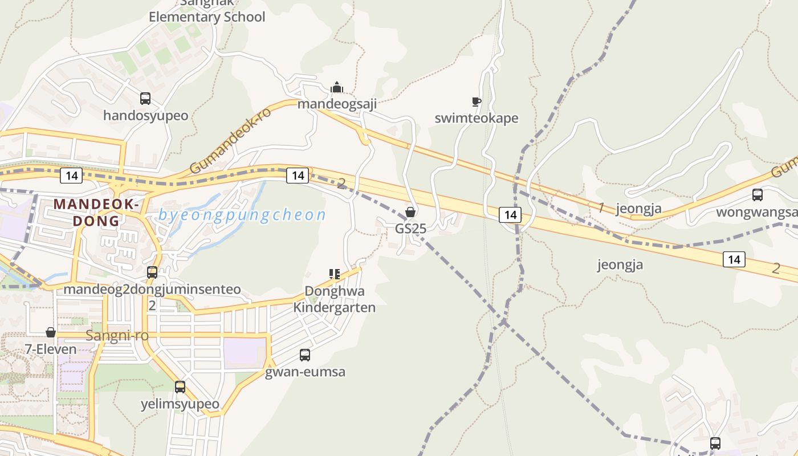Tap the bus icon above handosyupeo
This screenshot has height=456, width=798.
coord(145,99)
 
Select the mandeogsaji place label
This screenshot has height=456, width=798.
coord(337,104)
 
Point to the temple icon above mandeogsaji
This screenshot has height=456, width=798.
coord(337,87)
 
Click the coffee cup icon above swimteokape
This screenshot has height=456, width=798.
coord(477,102)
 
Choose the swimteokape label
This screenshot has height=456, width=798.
coord(477,118)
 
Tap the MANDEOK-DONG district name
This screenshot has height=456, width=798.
coord(96,212)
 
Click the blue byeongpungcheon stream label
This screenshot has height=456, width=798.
coord(242,215)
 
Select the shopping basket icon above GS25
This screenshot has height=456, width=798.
coord(410,213)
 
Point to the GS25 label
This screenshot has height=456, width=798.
coord(410,228)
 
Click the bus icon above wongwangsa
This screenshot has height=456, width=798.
coord(758,195)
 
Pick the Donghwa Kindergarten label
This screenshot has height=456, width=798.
coord(335,299)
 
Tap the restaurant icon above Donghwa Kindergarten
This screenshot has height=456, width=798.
coord(335,274)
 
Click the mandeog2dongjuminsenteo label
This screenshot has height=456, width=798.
coord(152,289)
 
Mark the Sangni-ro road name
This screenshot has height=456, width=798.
coord(117,336)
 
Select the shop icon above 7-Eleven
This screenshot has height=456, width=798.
coord(51,332)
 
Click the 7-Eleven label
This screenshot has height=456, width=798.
coord(51,349)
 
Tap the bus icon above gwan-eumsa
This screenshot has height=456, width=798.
coord(305,356)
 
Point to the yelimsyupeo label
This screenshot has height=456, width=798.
coord(180,404)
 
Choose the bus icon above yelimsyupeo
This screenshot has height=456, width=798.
coord(180,387)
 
